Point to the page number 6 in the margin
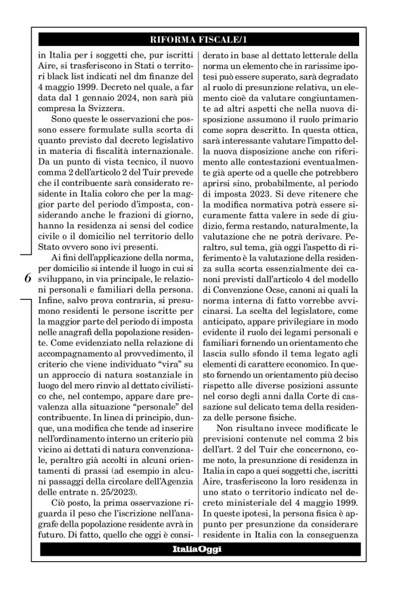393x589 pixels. click(26, 279)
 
